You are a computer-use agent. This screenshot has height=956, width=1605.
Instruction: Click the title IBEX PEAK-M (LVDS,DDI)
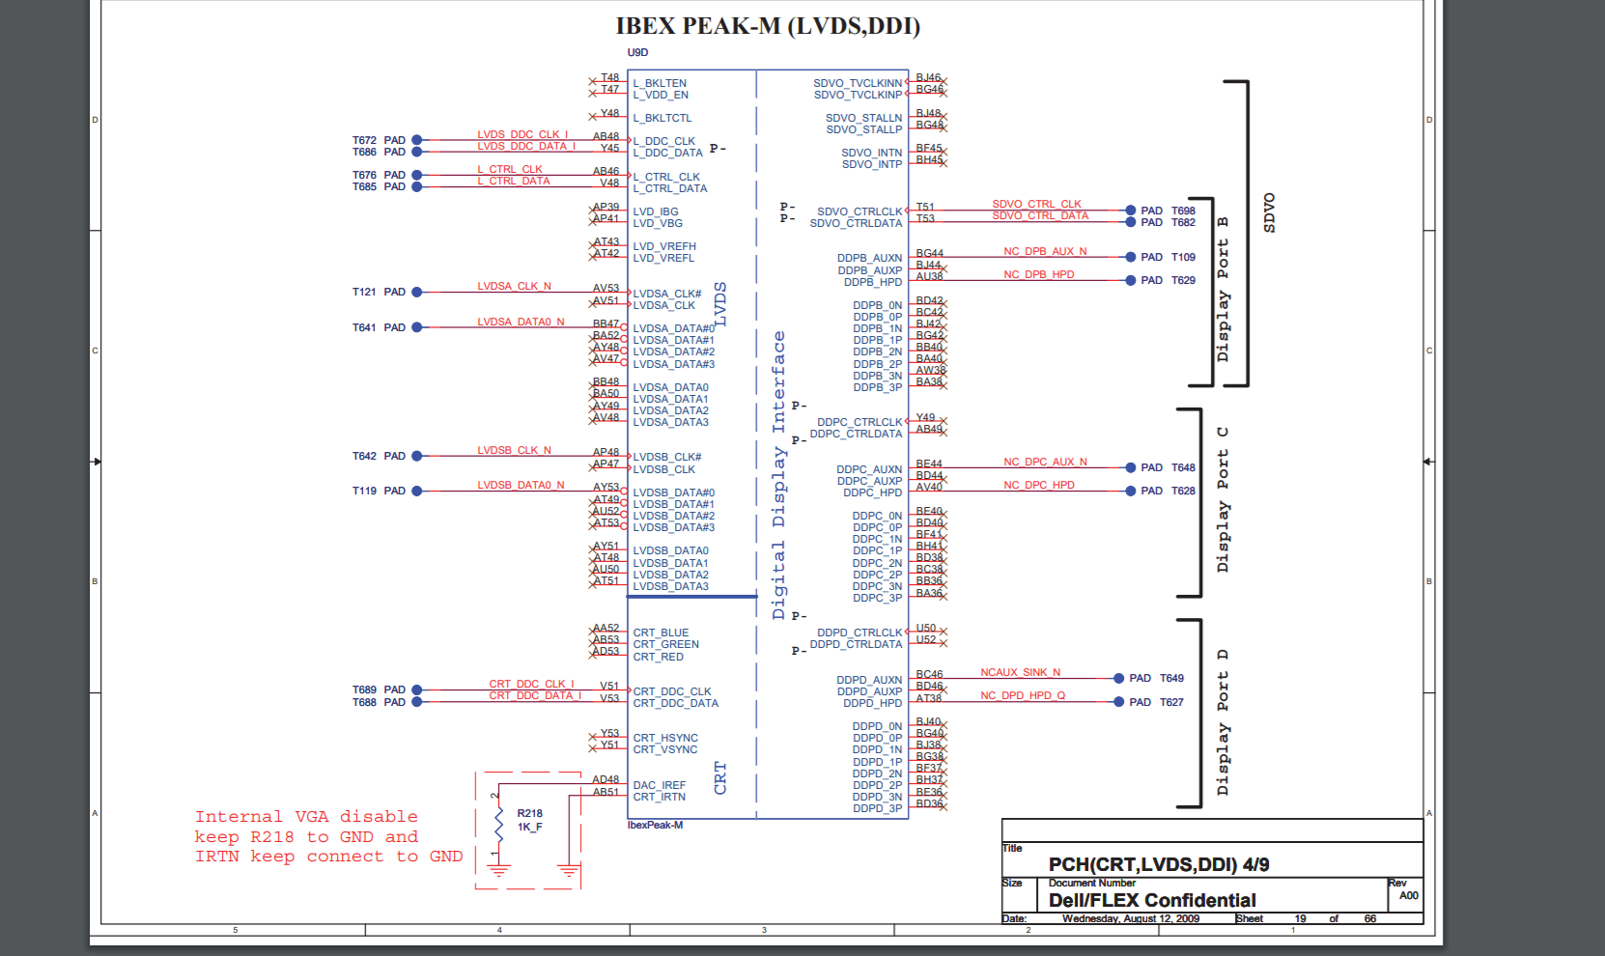click(768, 26)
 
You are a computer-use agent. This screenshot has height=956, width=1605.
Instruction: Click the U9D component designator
click(637, 53)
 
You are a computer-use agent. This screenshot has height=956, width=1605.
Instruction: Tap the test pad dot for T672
click(417, 140)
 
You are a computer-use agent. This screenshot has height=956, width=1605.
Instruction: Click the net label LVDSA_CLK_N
click(514, 286)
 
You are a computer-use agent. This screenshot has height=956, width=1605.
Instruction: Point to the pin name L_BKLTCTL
click(662, 118)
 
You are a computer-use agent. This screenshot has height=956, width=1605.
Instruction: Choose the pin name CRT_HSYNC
click(665, 738)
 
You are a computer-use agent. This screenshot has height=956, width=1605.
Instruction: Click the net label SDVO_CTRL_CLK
click(1036, 204)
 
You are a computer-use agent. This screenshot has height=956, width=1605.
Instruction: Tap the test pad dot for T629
click(1131, 280)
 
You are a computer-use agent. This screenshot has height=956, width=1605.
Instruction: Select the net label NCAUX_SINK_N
click(1020, 672)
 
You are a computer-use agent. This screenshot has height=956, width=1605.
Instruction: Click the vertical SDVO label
click(1269, 212)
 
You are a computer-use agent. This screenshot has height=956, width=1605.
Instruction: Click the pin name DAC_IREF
click(660, 785)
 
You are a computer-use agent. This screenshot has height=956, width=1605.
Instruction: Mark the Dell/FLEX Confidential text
click(1152, 900)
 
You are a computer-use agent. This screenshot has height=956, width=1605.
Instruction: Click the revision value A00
click(1408, 895)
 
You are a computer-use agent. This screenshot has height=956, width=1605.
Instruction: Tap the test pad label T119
click(364, 491)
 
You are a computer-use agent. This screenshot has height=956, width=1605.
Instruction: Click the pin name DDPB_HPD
click(873, 282)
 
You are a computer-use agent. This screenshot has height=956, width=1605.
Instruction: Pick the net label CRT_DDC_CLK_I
click(531, 684)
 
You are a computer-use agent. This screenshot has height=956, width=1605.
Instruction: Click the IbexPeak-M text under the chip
click(655, 825)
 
